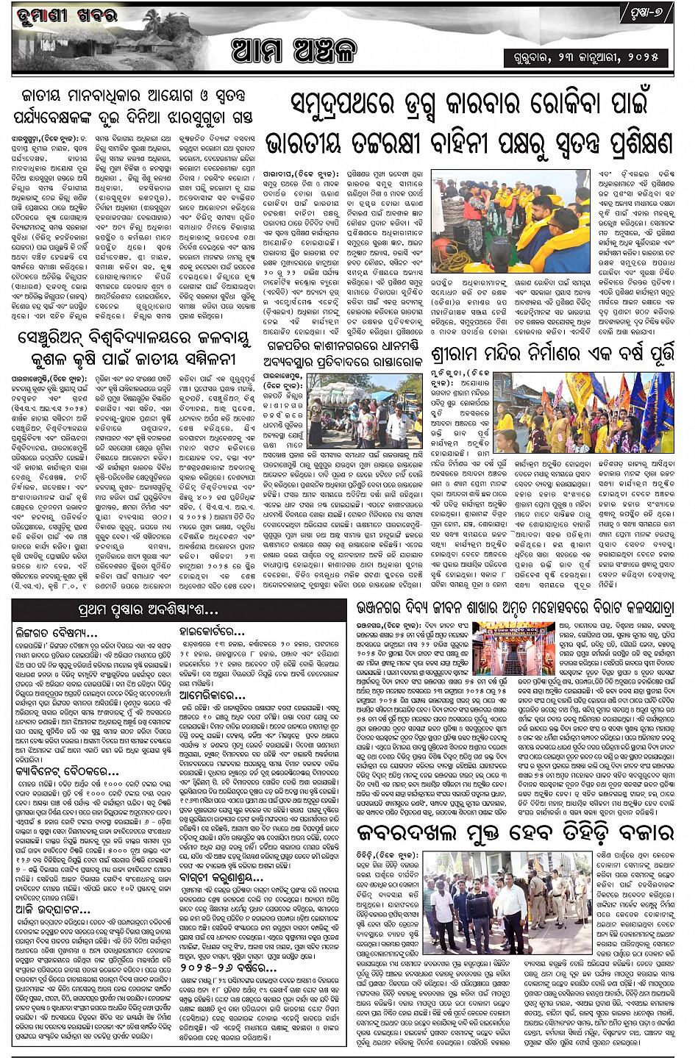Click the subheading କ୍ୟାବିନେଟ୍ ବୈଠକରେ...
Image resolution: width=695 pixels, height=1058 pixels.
66,772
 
